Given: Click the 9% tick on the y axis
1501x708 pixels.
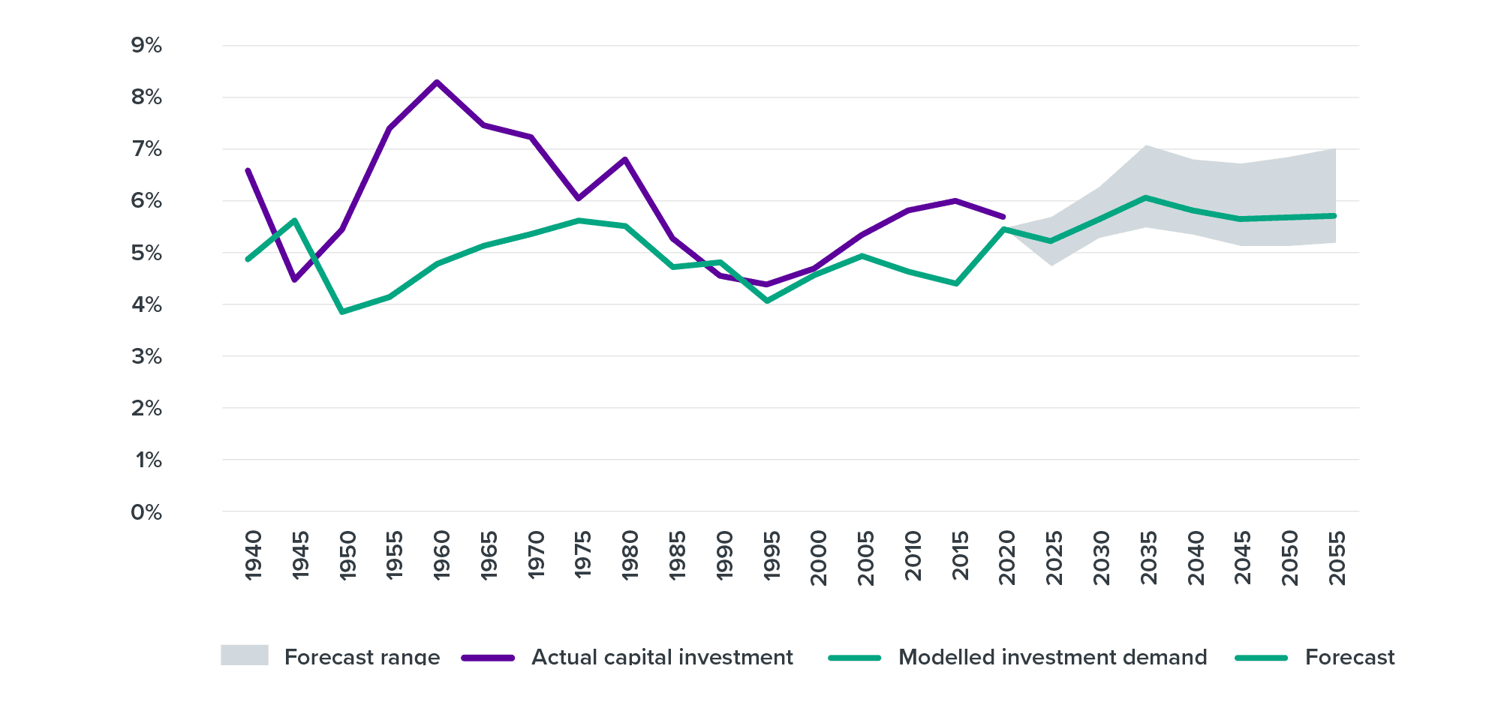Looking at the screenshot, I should (146, 46).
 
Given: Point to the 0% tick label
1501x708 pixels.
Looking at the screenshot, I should (146, 512).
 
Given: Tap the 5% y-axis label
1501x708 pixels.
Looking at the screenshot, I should (146, 253).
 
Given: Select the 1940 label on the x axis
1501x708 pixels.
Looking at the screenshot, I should (254, 555).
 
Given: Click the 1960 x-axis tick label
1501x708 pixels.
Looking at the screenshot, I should (442, 555).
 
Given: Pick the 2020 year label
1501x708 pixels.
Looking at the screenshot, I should (1007, 557).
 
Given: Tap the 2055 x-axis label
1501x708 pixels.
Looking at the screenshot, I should (1337, 557).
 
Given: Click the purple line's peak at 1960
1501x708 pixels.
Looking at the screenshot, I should (437, 82).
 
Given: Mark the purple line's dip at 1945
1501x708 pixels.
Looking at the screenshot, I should (295, 280).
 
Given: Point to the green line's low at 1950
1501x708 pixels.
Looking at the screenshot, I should (342, 310).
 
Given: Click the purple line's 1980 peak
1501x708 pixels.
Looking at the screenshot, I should (625, 159).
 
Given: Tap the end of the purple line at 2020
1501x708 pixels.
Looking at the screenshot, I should (1003, 216).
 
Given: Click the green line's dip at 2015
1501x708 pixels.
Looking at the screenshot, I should (956, 283).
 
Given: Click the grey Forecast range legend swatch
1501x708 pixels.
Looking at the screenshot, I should (245, 655).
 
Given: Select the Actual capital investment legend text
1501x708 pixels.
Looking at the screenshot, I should (662, 657).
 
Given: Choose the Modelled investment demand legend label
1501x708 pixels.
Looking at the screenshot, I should (1052, 657).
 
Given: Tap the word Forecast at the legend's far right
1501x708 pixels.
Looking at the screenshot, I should (1349, 657).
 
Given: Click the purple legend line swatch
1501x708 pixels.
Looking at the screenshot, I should (488, 658).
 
